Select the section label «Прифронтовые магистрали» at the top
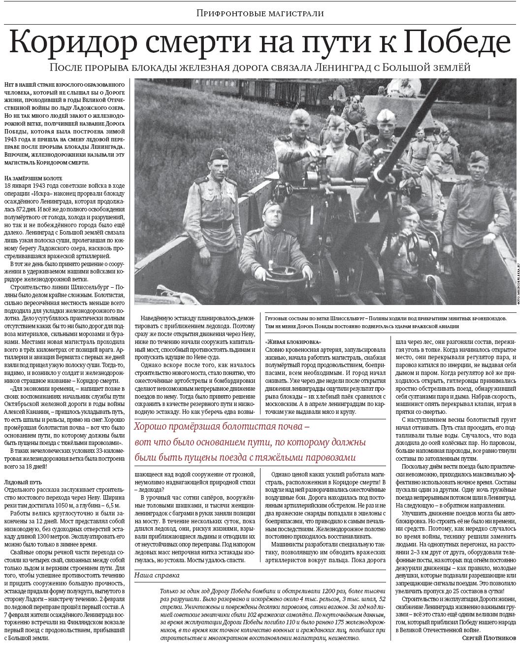260,13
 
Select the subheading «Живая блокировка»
293,341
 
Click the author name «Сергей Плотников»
488,637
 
